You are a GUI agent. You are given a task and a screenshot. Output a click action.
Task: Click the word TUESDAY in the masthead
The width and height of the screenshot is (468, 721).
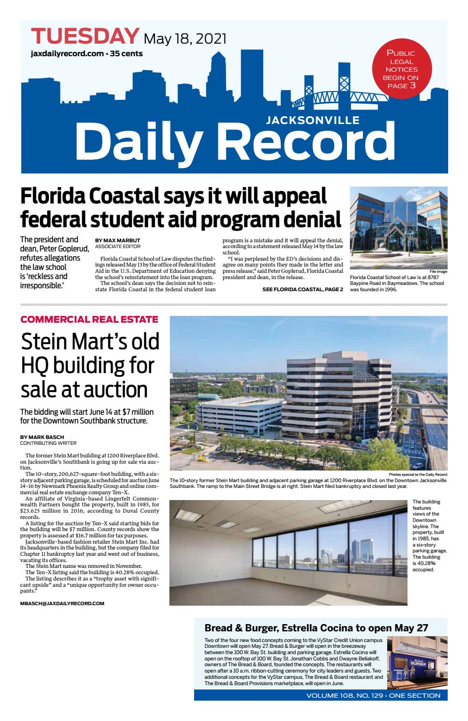click(85, 36)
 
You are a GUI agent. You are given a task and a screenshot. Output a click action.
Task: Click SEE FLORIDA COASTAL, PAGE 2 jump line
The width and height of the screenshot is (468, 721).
click(302, 289)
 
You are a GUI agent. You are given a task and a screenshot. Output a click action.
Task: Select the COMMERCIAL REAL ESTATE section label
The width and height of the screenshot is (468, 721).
click(89, 319)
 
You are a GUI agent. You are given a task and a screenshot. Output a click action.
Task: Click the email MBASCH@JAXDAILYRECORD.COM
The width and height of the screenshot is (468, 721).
click(62, 603)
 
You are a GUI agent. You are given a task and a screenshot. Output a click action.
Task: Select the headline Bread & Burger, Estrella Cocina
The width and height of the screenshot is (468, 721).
click(316, 628)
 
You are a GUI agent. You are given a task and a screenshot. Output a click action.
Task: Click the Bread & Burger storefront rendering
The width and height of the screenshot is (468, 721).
click(417, 661)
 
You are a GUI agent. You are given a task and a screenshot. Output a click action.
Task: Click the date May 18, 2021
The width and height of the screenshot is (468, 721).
click(185, 38)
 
